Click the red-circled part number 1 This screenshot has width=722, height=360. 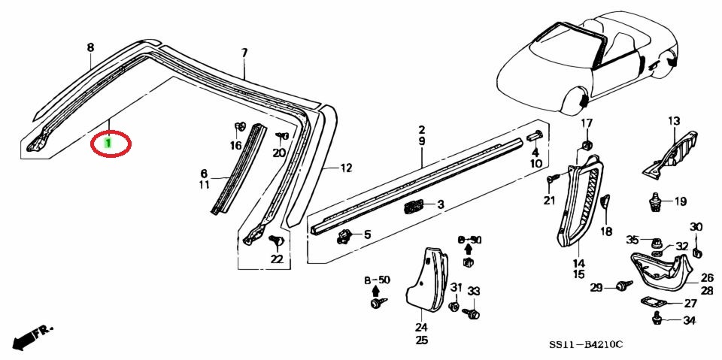coord(108,143)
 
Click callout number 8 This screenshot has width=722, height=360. coord(90,47)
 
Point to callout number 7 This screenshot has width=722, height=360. coord(244,53)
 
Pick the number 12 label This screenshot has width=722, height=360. coord(346,168)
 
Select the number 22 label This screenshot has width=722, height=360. coord(276,259)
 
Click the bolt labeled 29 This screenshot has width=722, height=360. coord(624,286)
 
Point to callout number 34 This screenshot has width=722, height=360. coord(689,320)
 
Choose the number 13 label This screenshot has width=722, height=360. coord(674,121)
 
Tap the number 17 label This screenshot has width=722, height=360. coord(587,123)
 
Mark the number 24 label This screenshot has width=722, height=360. coord(421,328)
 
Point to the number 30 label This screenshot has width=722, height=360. coord(696,227)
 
